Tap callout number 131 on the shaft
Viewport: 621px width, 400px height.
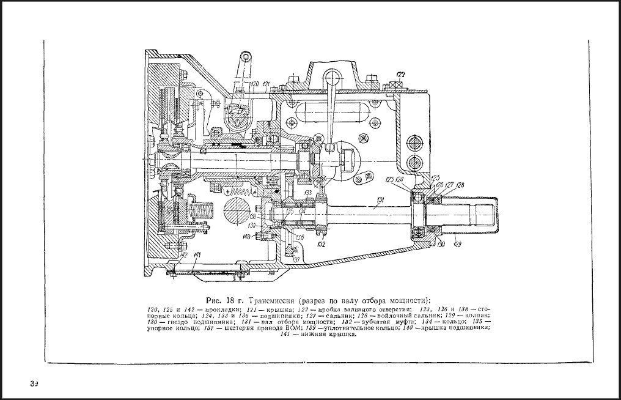[380, 200]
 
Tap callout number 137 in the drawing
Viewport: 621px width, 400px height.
[296, 260]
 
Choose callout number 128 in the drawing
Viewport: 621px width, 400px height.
[460, 185]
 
